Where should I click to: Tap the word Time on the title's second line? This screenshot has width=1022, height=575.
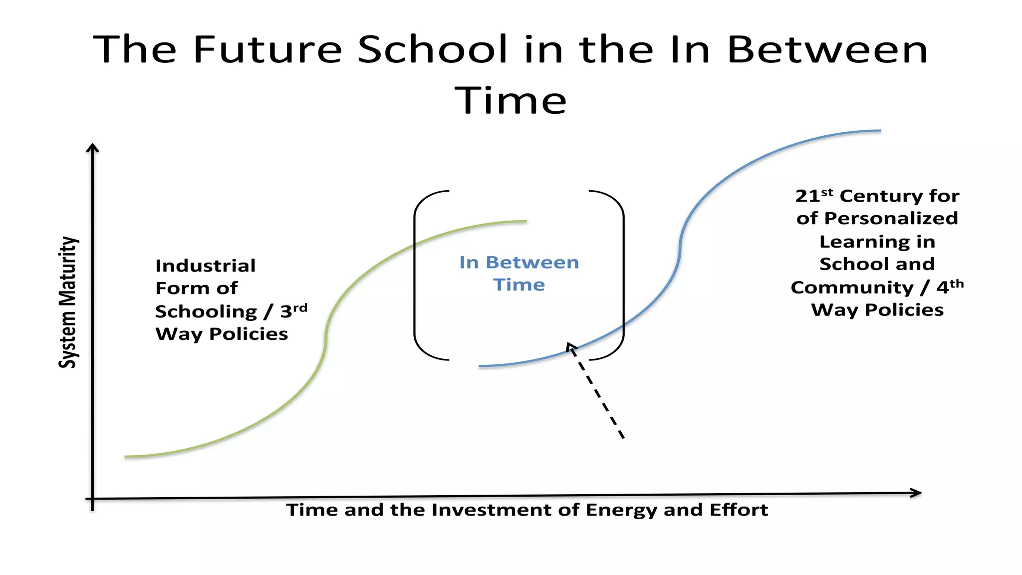point(511,100)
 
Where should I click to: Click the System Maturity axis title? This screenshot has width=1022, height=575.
point(68,302)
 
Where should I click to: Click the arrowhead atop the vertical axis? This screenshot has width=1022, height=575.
point(92,147)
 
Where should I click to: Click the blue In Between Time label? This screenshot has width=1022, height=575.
point(519,274)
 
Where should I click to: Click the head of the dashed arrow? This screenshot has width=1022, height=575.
point(570,346)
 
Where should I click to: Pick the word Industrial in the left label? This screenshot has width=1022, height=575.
point(206,266)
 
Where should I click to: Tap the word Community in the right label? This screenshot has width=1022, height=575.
point(852,287)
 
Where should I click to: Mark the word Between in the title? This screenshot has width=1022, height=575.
point(827,49)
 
